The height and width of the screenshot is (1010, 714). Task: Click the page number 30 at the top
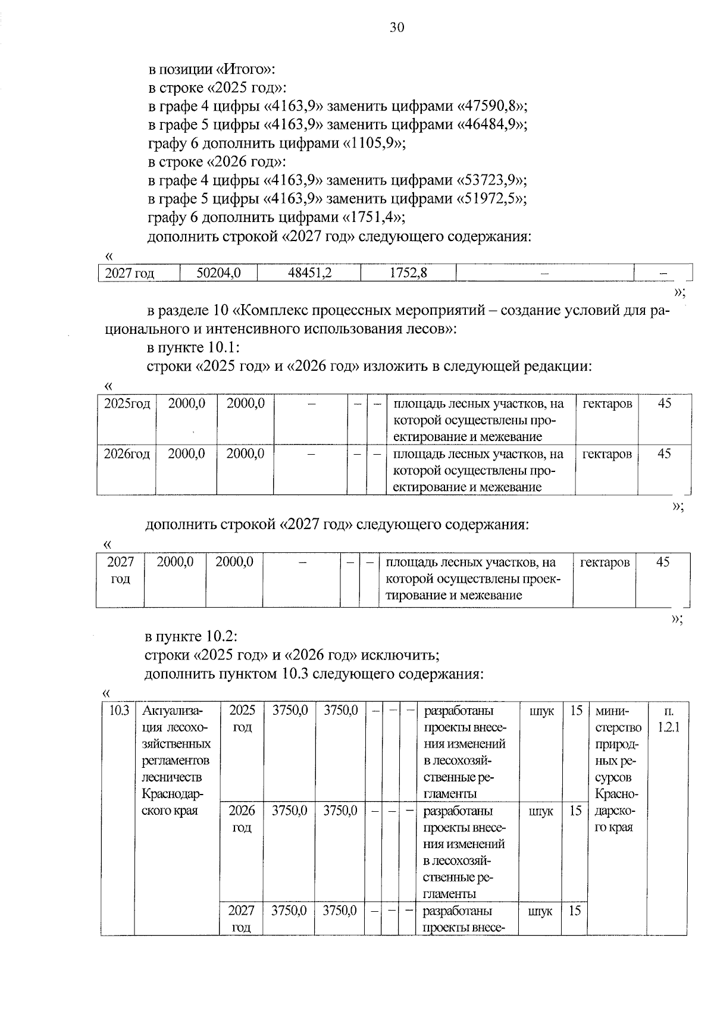(x=397, y=27)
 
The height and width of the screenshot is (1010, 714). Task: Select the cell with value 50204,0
(x=218, y=273)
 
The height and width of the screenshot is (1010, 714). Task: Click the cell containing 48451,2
(x=309, y=273)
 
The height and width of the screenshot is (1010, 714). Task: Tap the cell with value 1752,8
(x=408, y=273)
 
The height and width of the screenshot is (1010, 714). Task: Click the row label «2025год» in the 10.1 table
(x=127, y=404)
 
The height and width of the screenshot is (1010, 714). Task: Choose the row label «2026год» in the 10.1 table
(x=127, y=454)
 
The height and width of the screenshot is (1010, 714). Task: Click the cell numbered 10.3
(x=118, y=711)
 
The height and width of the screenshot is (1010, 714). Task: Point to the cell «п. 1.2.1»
(x=668, y=719)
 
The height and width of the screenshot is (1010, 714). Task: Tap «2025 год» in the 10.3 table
(x=242, y=718)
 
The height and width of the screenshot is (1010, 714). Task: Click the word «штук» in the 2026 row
(x=540, y=811)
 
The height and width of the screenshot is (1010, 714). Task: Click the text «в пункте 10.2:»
(x=192, y=637)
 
